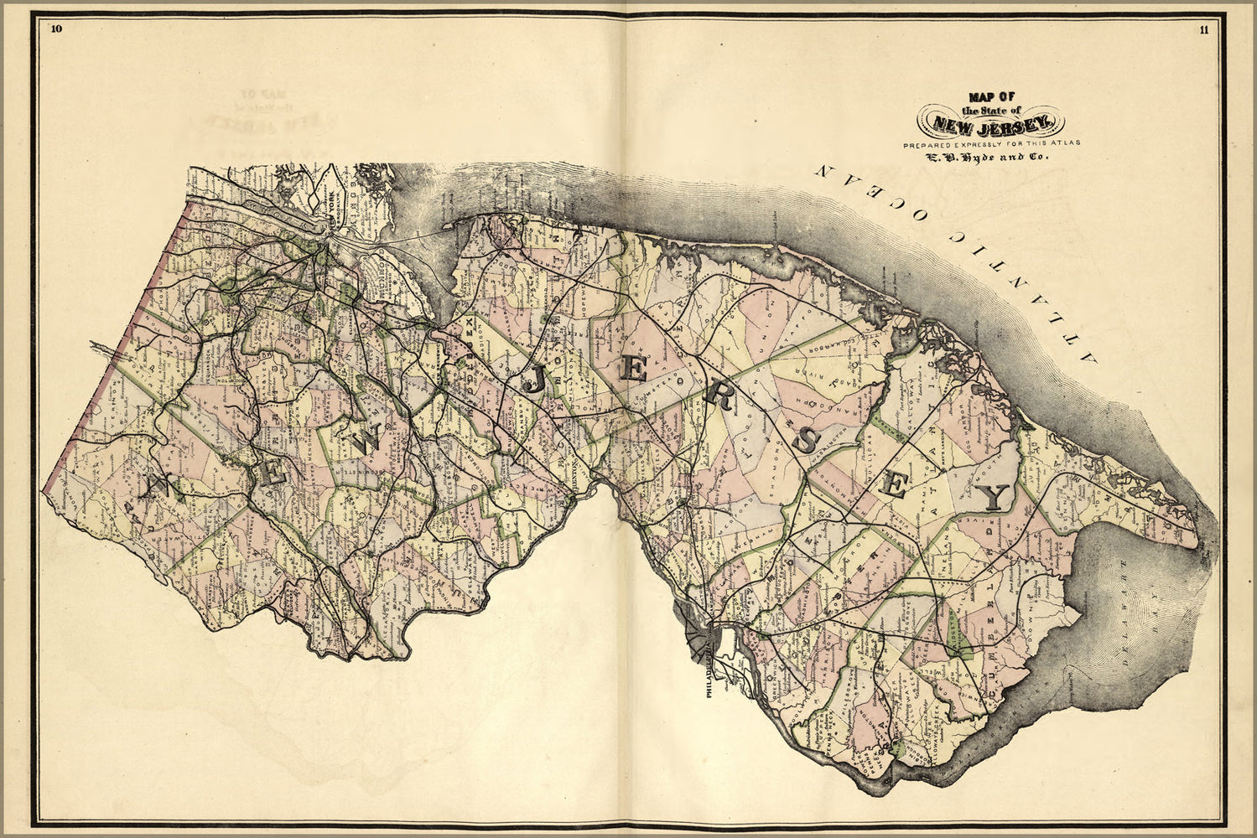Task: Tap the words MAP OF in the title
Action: pyautogui.click(x=991, y=96)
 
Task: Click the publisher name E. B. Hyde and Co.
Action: pyautogui.click(x=991, y=157)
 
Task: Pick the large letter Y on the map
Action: pyautogui.click(x=995, y=497)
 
